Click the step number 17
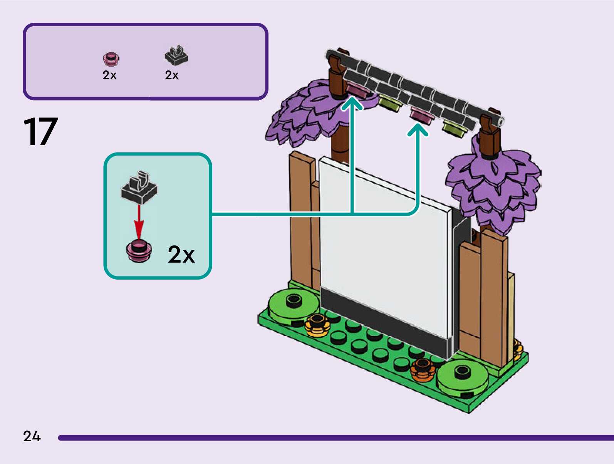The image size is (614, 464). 40,131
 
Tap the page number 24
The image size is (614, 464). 32,436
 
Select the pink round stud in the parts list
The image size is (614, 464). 111,59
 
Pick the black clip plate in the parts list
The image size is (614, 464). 176,55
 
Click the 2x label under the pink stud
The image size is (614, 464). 109,75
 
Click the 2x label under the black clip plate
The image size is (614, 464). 172,75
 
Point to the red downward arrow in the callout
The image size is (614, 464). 139,222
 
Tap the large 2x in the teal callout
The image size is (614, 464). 181,255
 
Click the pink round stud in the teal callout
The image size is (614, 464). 139,251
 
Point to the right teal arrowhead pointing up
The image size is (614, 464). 418,130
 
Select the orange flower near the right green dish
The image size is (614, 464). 423,370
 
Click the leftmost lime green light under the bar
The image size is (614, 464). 390,103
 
